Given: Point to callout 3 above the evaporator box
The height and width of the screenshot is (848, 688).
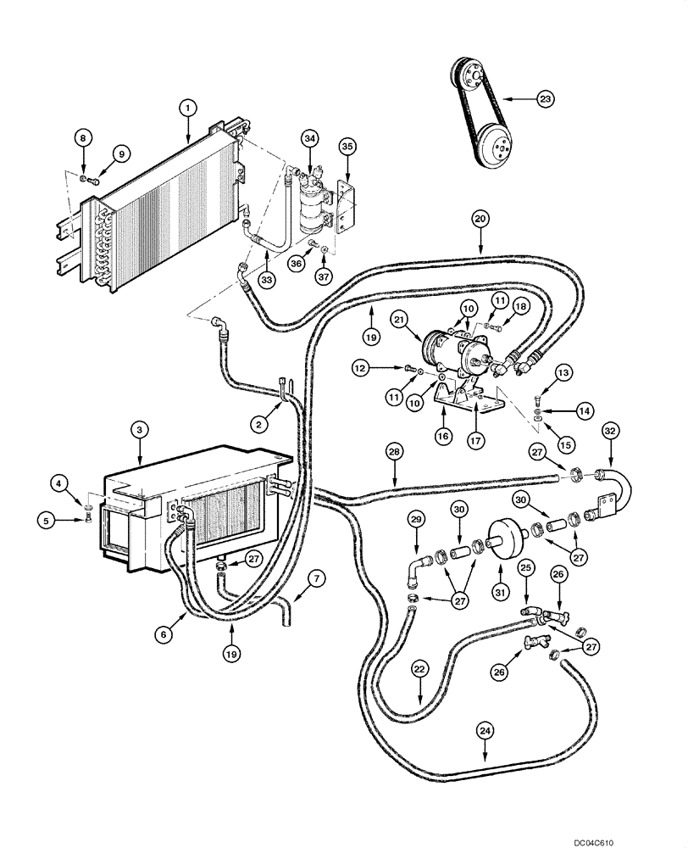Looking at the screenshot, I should (141, 430).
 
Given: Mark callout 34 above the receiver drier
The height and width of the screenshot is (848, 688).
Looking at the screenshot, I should (310, 137).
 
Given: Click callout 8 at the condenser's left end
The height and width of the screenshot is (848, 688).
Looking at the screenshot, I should (83, 137).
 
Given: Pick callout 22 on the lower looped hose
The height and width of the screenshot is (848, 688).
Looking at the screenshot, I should (419, 669).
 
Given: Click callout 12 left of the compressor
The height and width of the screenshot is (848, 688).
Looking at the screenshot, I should (361, 368).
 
